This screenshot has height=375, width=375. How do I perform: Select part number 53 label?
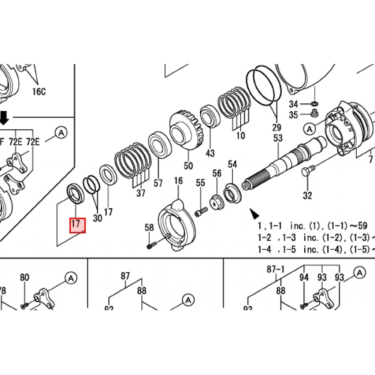[x=278, y=138]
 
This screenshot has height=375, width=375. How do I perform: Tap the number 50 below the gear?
[x=188, y=166]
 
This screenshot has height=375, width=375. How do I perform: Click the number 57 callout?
[x=158, y=183]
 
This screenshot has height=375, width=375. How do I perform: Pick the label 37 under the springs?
[x=141, y=193]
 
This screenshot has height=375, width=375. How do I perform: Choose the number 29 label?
[x=276, y=127]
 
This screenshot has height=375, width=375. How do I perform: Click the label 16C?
[x=39, y=92]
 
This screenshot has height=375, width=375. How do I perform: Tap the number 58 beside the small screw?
[x=149, y=228]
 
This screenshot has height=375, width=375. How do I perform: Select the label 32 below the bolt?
[x=307, y=195]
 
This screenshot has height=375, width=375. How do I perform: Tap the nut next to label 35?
[x=314, y=113]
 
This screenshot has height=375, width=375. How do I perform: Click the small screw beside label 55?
[x=201, y=211]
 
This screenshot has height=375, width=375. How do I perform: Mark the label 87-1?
[x=276, y=270]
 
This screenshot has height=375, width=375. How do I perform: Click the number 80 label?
[x=24, y=278]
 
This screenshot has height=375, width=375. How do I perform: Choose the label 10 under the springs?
[x=241, y=136]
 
